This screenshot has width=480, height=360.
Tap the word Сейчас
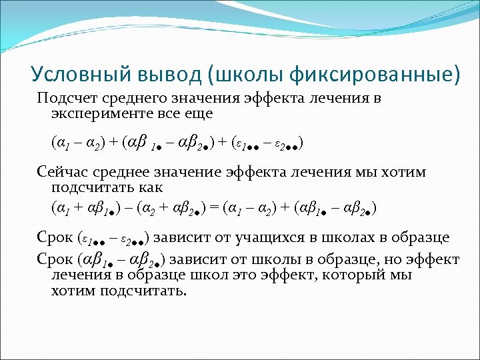point(61,173)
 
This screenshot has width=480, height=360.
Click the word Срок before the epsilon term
point(55,237)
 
